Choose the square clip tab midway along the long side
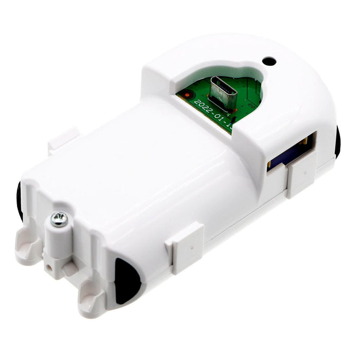click(x=185, y=247)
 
